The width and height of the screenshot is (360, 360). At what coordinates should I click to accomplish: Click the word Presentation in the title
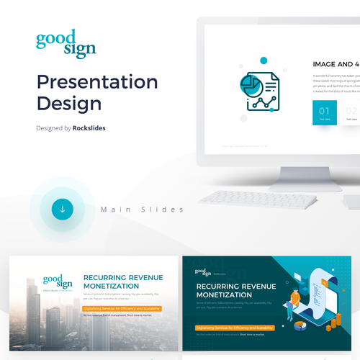(96, 82)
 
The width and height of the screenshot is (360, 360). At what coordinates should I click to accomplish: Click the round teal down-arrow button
(63, 210)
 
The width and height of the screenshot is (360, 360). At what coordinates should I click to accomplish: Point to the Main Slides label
(142, 210)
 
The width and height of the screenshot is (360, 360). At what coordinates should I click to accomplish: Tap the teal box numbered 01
(325, 113)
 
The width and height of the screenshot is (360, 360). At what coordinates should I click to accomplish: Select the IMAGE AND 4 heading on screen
(336, 64)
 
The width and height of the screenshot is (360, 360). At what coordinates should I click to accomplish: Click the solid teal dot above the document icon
(264, 60)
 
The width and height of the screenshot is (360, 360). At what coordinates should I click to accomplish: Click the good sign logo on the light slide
(58, 282)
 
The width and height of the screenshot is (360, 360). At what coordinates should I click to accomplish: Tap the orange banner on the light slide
(122, 307)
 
